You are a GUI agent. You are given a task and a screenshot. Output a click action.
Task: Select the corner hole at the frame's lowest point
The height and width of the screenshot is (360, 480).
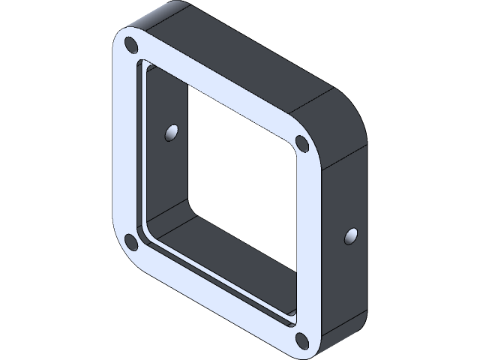[301, 340]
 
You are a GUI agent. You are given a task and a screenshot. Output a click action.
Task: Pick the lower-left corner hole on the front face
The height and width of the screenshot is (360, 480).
[130, 241]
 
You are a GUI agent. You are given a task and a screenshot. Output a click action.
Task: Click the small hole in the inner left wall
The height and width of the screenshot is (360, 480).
[172, 133]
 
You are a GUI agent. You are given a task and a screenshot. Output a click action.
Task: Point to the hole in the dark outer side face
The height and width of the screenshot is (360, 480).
[351, 236]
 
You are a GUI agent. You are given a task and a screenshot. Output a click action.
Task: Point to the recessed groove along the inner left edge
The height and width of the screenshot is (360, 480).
[141, 150]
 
